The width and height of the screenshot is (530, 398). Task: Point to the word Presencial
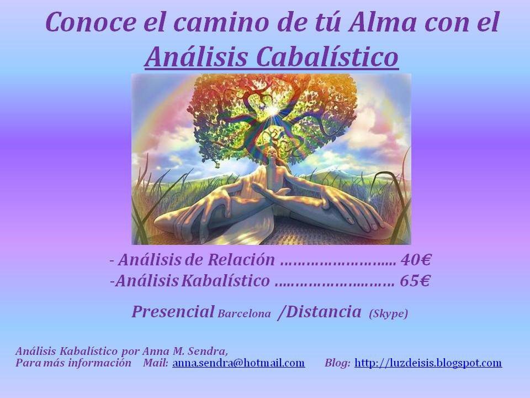tap(173, 312)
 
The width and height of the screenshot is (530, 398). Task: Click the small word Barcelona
tap(244, 314)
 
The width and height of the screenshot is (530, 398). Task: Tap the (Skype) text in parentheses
tap(389, 313)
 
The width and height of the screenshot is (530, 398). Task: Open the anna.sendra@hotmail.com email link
tap(239, 363)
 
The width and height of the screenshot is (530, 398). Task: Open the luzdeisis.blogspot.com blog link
tap(428, 363)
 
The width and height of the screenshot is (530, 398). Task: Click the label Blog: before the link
tap(337, 363)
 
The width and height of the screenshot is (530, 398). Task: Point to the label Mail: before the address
tap(155, 363)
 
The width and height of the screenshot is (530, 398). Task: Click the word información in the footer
tap(103, 363)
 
